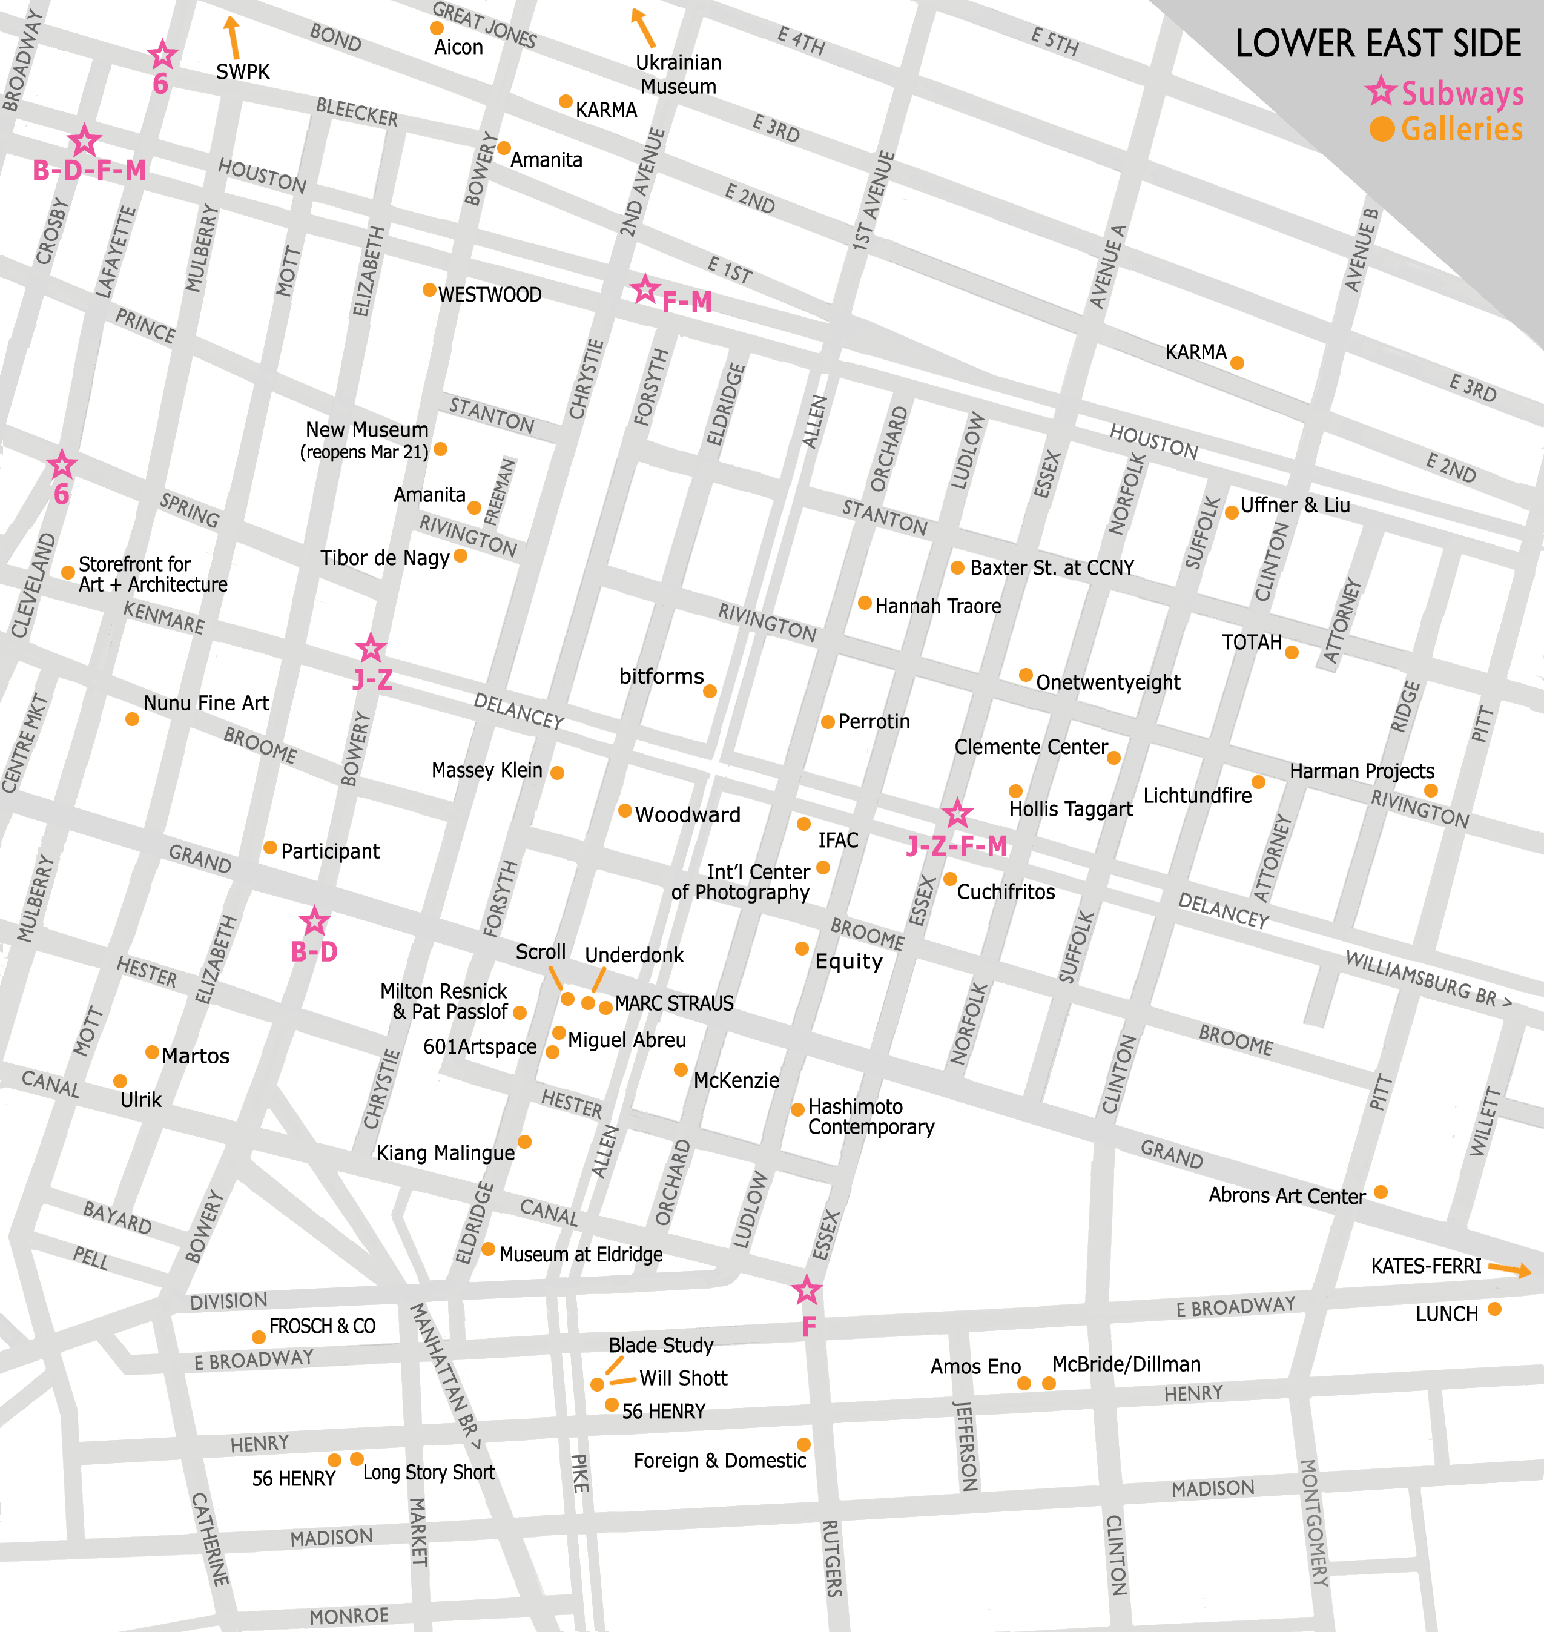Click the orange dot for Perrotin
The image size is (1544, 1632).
pos(827,722)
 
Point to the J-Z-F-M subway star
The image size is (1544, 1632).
pos(956,814)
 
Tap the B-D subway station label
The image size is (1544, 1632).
pos(314,952)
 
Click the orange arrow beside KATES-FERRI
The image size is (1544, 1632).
pos(1509,1269)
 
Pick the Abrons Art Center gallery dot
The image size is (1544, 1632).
pos(1381,1192)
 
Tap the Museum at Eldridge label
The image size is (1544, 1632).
pos(580,1254)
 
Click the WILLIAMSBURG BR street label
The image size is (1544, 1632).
pos(1428,978)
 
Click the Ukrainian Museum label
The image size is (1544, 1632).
pos(678,74)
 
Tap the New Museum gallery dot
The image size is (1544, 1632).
pos(440,449)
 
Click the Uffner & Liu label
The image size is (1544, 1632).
pos(1295,505)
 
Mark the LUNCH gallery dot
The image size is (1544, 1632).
pos(1494,1309)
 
